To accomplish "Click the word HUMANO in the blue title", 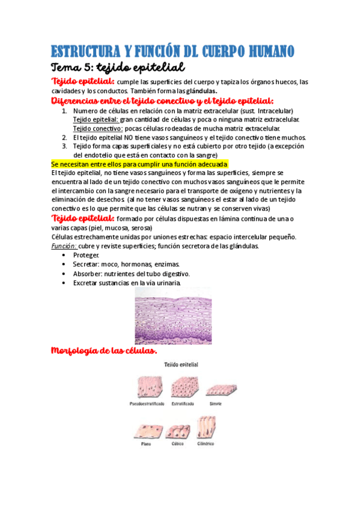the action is [264, 50].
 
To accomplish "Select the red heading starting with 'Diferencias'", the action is [162, 100].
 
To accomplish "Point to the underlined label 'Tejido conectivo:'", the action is [98, 128].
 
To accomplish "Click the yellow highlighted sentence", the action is [139, 164].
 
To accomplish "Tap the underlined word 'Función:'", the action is [64, 246].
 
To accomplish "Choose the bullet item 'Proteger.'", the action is [87, 255].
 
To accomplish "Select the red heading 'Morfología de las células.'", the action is [105, 351].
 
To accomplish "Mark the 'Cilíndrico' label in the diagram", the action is [205, 444].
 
